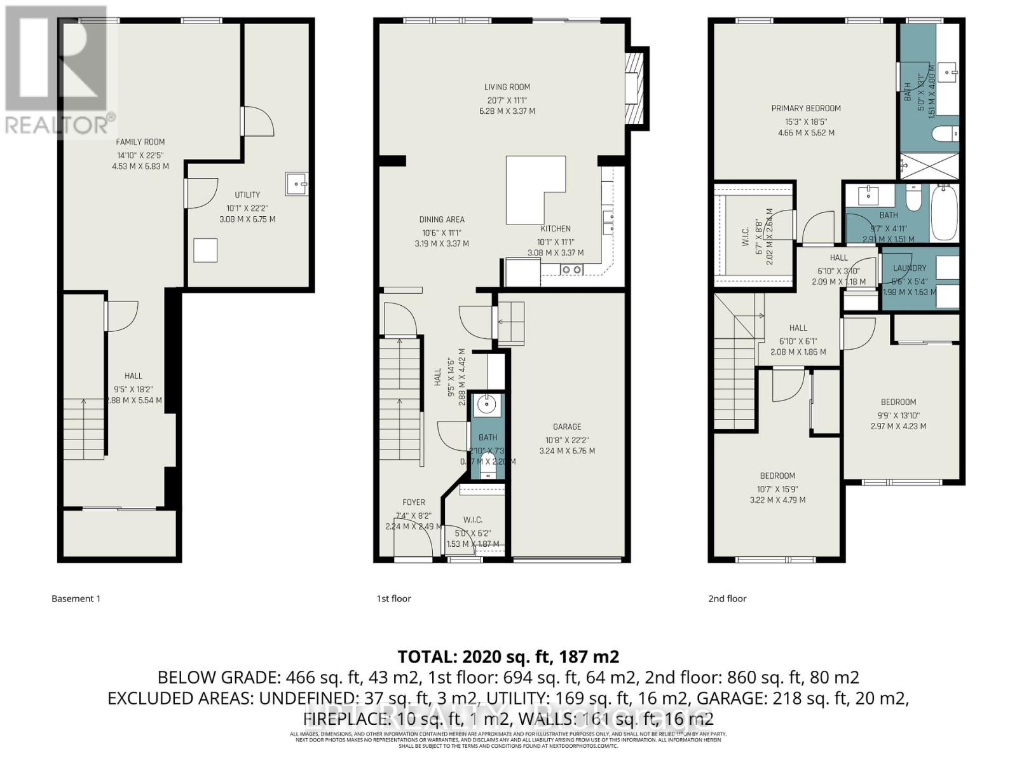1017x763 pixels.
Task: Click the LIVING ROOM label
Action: coord(507,87)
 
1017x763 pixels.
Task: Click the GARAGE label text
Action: coord(566,427)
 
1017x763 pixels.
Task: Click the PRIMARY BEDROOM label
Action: coord(806,109)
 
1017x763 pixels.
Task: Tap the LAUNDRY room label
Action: coord(909,268)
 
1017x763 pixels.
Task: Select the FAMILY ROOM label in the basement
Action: coord(140,142)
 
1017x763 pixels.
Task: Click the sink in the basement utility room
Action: coord(296,184)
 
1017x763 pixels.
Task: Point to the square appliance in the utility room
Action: coord(205,250)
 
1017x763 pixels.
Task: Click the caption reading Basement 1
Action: coord(76,598)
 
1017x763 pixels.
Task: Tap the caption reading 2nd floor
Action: coord(727,598)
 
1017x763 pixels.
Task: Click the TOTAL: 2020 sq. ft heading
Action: coord(508,656)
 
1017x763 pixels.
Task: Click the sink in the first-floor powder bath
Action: coord(488,404)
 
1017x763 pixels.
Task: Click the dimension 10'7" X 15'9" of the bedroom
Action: coord(777,489)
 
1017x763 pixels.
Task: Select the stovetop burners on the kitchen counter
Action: coord(571,270)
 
